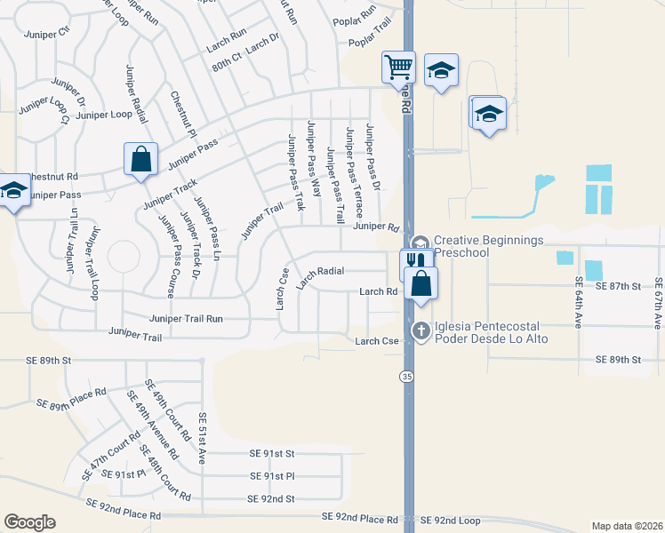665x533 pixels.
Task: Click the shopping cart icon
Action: (398, 66)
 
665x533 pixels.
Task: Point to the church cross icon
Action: (421, 331)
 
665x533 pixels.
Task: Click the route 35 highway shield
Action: (407, 377)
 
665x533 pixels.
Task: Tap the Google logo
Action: (30, 521)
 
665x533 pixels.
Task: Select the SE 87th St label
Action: (618, 287)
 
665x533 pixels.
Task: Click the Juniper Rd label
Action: (373, 227)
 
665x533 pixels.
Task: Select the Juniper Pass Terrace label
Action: (353, 173)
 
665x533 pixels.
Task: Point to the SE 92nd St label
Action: (271, 499)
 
